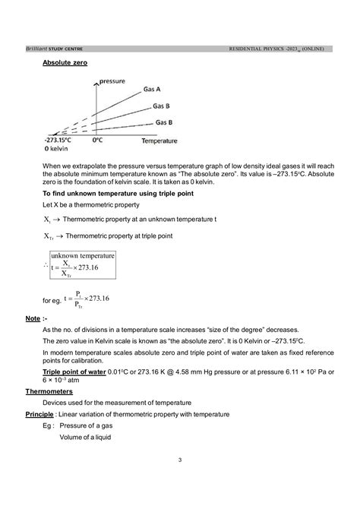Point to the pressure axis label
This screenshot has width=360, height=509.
tap(111, 80)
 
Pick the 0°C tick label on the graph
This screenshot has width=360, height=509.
tap(96, 141)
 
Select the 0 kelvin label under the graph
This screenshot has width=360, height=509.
tap(59, 148)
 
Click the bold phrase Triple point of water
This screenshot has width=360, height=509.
tap(74, 371)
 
